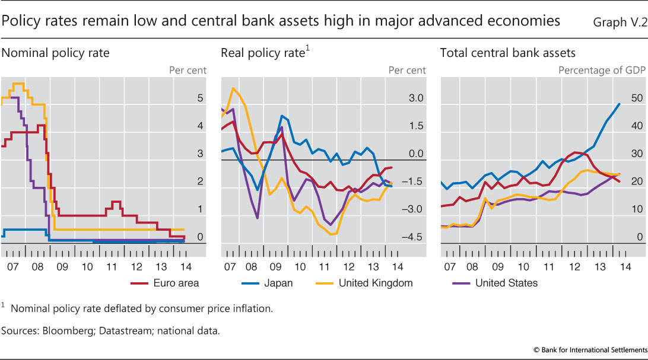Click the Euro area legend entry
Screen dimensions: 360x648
click(x=176, y=283)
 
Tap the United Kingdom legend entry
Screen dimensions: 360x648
click(x=376, y=283)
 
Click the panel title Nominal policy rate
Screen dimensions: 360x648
click(x=56, y=53)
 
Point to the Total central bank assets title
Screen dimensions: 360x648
click(x=508, y=53)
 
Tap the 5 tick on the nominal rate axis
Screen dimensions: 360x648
click(x=200, y=98)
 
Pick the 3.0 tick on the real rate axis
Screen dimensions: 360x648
click(x=416, y=98)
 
